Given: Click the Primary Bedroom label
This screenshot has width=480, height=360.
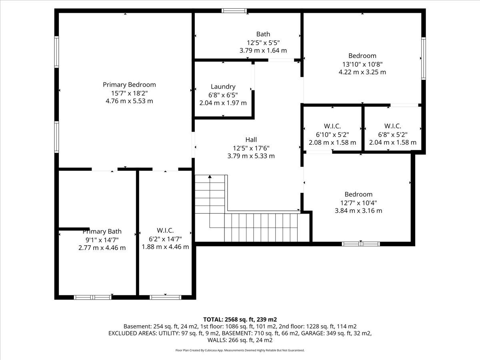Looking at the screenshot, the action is click(129, 84).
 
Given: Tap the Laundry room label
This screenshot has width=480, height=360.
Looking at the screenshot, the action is click(223, 86).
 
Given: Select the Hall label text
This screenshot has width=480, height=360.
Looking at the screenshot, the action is click(251, 140).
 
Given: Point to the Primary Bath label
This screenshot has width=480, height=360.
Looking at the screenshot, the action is click(102, 231).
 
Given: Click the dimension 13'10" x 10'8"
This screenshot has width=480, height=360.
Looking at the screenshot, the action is click(362, 64).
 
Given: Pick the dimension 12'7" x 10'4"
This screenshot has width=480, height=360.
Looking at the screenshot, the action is click(359, 203).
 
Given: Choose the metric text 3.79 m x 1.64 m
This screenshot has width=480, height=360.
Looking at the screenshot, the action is click(263, 50).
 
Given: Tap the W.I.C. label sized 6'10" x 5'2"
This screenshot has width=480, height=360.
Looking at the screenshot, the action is click(332, 126).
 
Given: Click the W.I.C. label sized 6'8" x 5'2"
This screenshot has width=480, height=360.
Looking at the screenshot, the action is click(393, 126).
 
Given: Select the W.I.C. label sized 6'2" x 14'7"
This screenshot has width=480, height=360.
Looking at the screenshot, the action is click(165, 230).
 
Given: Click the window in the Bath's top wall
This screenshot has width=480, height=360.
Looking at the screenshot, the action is click(234, 11).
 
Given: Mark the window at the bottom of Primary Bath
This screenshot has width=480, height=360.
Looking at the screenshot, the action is click(93, 297).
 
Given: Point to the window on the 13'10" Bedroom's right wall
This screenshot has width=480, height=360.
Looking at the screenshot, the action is click(424, 58).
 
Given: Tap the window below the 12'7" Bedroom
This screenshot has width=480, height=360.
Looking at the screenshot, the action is click(361, 244).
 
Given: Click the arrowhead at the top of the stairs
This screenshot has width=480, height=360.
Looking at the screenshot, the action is click(210, 176).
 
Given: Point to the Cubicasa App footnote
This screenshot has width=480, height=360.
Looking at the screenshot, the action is click(240, 350).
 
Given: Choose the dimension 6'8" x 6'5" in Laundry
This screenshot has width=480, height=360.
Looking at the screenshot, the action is click(223, 95).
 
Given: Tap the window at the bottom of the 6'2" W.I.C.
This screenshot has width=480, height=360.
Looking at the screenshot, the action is click(166, 297).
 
